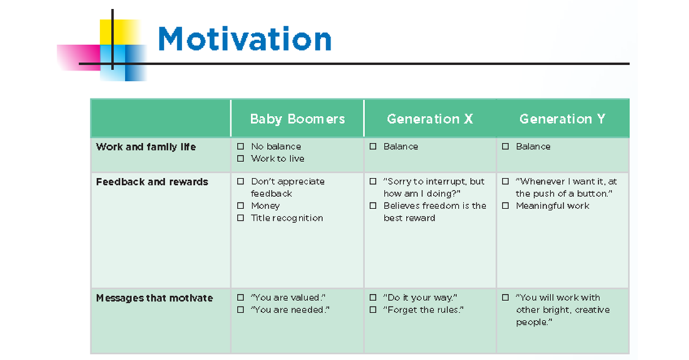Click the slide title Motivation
pos(244,39)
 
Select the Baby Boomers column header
pos(297,119)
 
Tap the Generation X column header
pos(430,119)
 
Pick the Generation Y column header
pos(562,119)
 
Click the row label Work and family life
pos(145,147)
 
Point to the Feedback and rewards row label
pos(152,182)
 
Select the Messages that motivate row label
pos(154,298)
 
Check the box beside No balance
pos(241,147)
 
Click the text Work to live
pos(277,159)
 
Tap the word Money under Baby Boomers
pos(265,206)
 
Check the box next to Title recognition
pos(241,218)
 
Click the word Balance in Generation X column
pos(400,147)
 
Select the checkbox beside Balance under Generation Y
pos(505,147)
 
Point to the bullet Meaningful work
pos(552,206)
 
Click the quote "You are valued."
pos(288,298)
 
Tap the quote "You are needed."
pos(290,310)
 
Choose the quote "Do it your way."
pos(420,298)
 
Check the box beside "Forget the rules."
pos(373,310)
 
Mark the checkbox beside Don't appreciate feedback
pos(241,182)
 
